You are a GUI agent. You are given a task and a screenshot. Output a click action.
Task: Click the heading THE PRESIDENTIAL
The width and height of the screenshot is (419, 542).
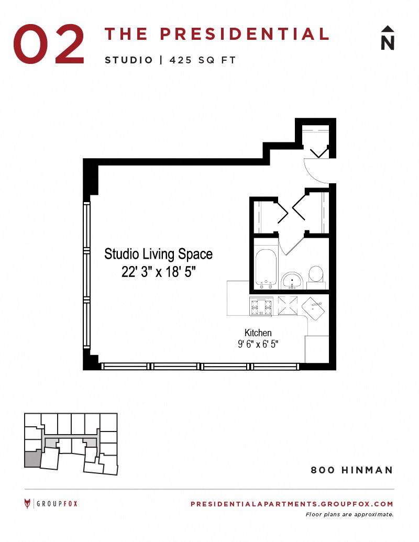[x=217, y=34]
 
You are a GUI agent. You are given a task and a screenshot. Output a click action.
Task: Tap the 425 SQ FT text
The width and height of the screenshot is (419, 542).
[x=203, y=60]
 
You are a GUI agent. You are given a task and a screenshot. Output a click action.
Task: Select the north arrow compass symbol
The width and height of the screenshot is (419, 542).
[x=388, y=38]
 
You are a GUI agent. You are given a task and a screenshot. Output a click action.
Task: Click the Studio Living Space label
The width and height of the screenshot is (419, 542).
[x=158, y=255]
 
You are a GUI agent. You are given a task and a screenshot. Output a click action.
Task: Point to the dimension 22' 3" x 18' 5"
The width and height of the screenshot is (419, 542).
[x=158, y=272]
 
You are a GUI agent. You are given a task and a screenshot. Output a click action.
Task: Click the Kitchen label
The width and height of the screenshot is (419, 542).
[x=258, y=333]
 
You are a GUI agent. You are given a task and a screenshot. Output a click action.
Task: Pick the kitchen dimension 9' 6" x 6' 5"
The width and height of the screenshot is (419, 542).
[x=258, y=344]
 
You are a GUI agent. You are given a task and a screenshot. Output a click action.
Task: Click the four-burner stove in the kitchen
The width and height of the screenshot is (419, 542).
[x=261, y=306]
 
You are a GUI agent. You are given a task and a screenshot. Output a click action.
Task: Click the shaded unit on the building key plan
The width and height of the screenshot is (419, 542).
[x=32, y=459]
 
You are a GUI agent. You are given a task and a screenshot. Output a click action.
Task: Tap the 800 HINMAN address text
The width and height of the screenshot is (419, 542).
[x=351, y=470]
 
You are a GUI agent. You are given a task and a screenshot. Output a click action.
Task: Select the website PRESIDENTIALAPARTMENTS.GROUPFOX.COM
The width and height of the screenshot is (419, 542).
[x=291, y=504]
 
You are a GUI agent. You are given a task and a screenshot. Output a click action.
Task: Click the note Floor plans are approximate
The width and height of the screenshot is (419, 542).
[x=349, y=514]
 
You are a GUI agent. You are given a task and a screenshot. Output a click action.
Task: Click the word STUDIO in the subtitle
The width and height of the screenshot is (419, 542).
[x=128, y=60]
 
